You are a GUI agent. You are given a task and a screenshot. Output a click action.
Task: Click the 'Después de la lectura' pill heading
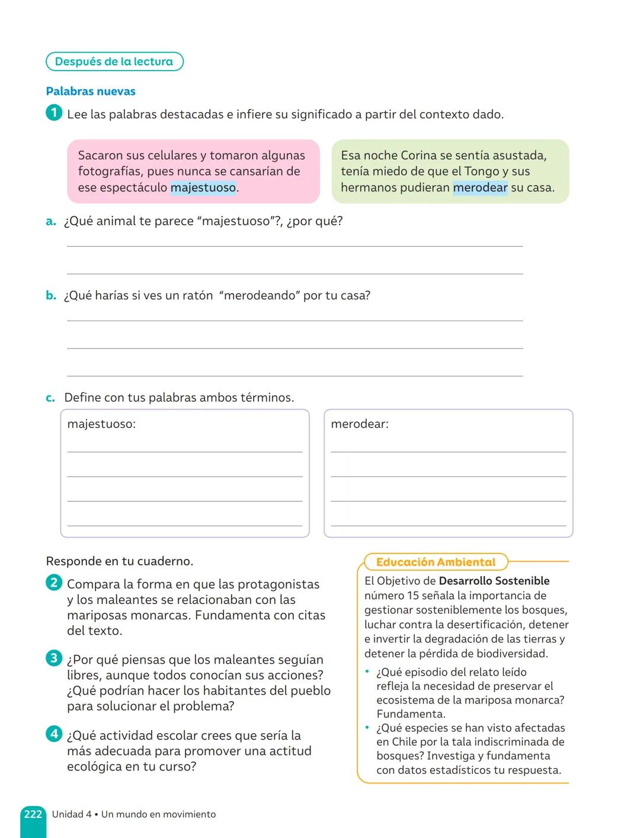[114, 62]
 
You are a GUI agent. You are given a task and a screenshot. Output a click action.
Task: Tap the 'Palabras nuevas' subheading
[91, 91]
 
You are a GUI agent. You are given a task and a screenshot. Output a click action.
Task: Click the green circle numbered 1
[53, 113]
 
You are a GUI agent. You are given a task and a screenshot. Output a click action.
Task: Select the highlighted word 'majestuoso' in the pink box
[203, 188]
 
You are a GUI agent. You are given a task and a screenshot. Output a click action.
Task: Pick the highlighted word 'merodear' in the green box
[480, 188]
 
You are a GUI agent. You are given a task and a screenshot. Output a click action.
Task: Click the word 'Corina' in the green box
[418, 155]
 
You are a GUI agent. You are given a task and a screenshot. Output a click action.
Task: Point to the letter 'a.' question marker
[51, 222]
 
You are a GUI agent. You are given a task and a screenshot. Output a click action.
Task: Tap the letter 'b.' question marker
[51, 296]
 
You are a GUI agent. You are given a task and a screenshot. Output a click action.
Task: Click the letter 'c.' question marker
[50, 398]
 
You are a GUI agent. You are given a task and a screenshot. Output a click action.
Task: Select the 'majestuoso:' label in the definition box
[101, 424]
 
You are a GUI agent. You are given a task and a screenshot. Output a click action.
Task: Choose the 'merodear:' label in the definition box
[360, 424]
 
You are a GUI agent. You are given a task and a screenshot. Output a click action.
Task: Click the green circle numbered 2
[53, 583]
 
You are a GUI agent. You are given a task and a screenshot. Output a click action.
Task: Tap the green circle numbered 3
[53, 658]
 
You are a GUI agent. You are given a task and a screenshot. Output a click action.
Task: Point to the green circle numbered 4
[53, 734]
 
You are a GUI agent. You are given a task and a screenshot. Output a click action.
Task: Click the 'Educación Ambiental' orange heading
[436, 562]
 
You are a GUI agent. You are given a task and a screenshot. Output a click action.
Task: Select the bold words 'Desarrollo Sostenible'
[494, 581]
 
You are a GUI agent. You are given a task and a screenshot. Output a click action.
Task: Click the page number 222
[33, 814]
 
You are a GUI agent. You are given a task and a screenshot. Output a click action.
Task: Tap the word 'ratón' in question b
[197, 296]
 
